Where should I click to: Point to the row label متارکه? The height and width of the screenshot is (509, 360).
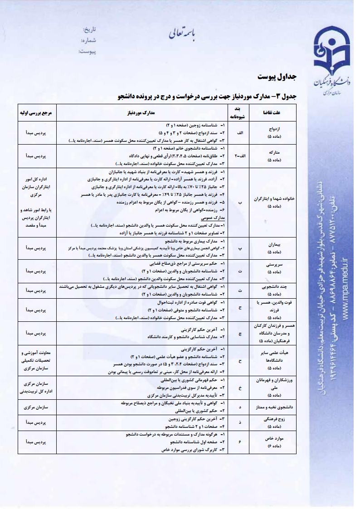(274, 153)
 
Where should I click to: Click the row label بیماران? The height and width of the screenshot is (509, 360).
(274, 244)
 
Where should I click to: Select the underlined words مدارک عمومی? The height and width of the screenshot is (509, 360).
(212, 218)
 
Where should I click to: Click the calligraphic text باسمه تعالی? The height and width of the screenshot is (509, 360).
(180, 33)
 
